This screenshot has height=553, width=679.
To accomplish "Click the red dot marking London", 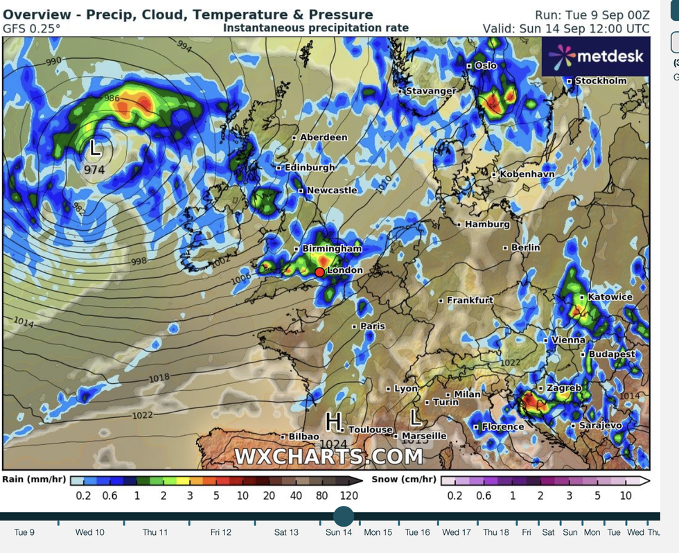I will tap(319, 272).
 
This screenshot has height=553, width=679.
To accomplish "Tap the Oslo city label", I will tap(485, 65).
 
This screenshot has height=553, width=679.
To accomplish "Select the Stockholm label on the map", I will tap(600, 80).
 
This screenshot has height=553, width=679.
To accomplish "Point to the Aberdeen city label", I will tap(324, 137).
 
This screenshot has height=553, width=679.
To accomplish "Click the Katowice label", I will tap(610, 297).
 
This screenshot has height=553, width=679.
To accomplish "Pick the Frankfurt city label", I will tap(470, 300).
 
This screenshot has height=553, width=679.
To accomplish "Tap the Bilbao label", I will tap(303, 437).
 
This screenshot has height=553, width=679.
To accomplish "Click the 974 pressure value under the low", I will tap(94, 168).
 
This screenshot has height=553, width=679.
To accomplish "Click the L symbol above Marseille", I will tap(416, 417).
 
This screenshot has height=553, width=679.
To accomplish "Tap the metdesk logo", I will tap(595, 56).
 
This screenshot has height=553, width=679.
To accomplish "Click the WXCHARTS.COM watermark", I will tap(328, 457).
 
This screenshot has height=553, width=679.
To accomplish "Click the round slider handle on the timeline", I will tap(343, 516).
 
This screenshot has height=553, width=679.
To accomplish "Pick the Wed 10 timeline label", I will tap(90, 532).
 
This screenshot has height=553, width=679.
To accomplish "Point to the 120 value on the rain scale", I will tap(349, 495).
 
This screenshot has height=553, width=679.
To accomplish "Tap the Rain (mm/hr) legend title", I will tap(34, 480).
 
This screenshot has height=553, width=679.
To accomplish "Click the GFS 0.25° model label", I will tap(32, 28).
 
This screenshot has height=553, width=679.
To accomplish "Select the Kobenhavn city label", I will tap(527, 174).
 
